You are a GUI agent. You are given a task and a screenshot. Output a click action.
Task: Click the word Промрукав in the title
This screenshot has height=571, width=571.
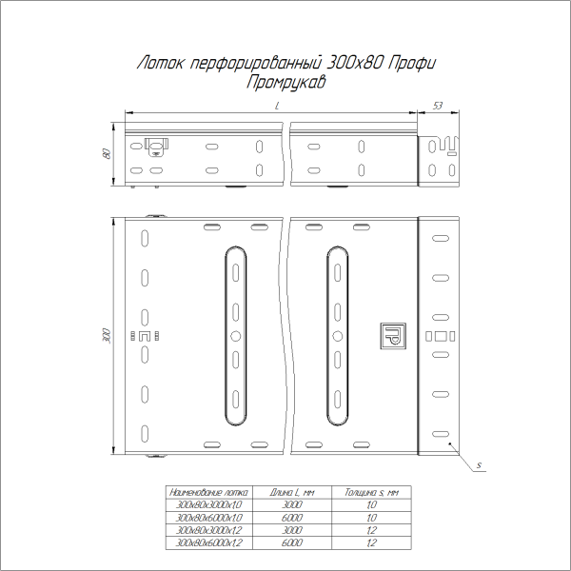[285, 83]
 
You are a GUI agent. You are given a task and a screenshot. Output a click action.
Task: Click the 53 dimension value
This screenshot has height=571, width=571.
[438, 105]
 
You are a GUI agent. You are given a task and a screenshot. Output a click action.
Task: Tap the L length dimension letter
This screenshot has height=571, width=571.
[276, 110]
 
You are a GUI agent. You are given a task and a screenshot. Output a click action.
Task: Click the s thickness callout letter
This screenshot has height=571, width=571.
[482, 464]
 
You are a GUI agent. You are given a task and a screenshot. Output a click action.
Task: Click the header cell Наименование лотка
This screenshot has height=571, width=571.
[207, 492]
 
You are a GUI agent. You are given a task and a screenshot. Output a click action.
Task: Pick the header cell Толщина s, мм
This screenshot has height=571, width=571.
[371, 492]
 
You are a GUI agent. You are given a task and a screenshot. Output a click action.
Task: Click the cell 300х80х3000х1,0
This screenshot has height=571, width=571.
[207, 504]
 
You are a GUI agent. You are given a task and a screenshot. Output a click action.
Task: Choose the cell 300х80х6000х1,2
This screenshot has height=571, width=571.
[207, 541]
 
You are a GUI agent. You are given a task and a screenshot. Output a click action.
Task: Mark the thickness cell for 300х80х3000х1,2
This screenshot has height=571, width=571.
[371, 529]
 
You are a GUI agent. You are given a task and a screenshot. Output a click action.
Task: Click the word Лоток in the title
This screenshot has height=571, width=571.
[159, 64]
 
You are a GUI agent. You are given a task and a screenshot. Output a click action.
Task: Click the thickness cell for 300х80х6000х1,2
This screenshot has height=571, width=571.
[371, 541]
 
